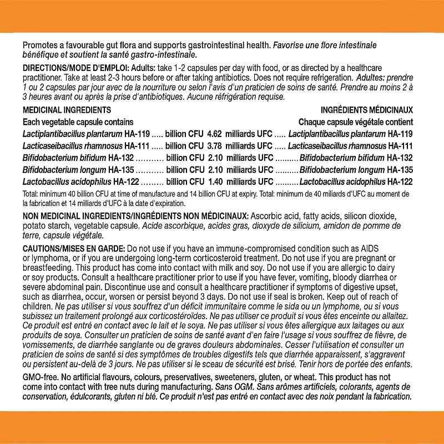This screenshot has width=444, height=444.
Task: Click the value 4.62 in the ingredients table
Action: click(214, 134)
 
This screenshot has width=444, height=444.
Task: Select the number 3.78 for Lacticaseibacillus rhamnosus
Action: click(214, 146)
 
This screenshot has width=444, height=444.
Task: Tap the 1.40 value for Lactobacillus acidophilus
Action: click(214, 181)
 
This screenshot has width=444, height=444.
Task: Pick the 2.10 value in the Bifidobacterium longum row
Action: click(214, 170)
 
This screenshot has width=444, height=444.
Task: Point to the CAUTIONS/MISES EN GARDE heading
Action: click(74, 248)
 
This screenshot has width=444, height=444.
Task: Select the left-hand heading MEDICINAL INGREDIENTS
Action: click(67, 110)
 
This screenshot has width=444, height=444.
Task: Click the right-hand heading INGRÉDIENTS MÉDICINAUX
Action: click(366, 110)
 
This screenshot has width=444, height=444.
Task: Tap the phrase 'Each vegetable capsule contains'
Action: click(78, 122)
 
